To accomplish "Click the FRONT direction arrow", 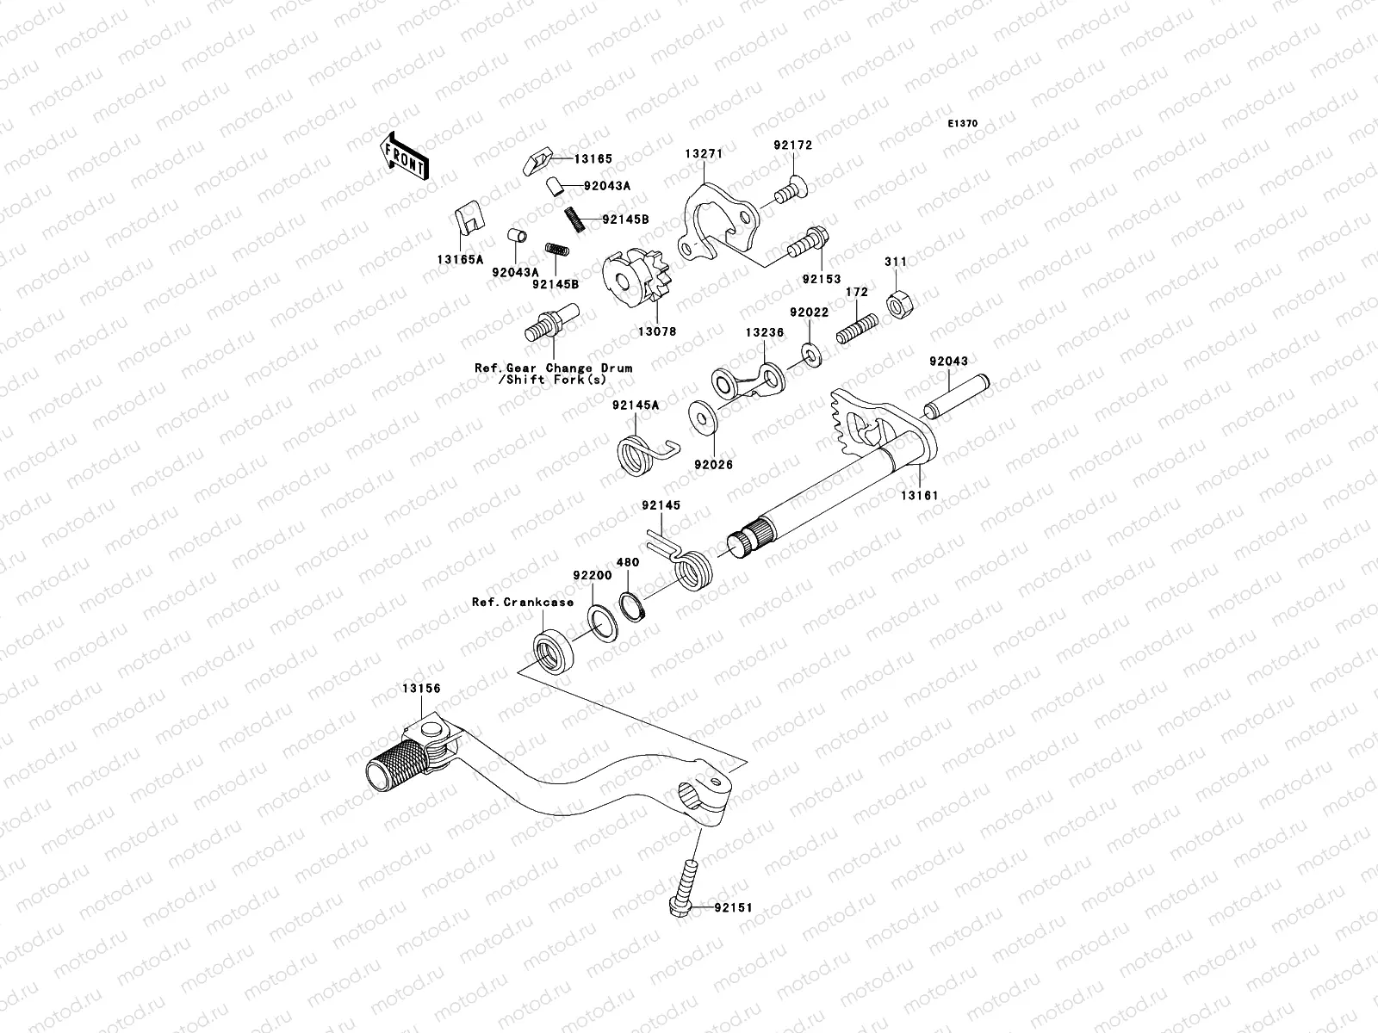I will tap(406, 158).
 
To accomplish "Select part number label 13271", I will tap(704, 153).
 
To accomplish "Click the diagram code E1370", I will tap(963, 124).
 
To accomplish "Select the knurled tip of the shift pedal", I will tap(397, 761).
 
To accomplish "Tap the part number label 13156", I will tap(420, 690).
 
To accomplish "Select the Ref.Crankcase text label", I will tap(522, 602).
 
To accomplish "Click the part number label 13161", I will tap(920, 496).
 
